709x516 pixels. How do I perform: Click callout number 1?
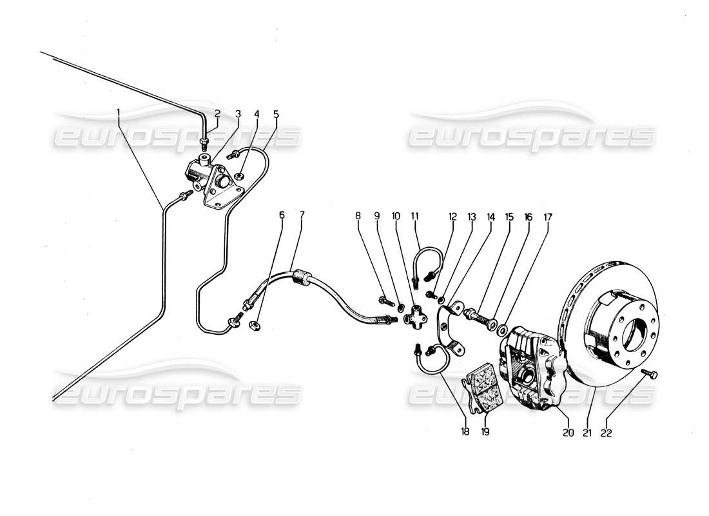(119, 114)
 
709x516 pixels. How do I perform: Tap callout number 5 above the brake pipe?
(276, 114)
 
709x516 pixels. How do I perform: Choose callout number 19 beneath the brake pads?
(485, 432)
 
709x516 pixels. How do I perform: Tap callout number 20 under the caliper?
(568, 433)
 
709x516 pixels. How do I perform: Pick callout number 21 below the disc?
(587, 433)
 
